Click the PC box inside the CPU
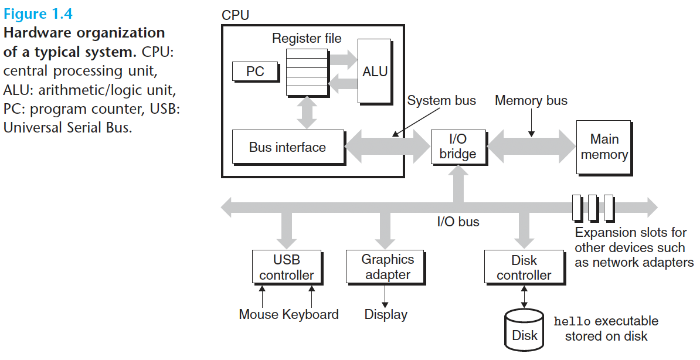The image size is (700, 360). click(256, 72)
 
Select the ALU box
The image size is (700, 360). click(375, 72)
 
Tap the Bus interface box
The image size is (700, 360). click(288, 147)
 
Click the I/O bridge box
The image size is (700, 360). click(458, 147)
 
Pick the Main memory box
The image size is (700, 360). click(604, 147)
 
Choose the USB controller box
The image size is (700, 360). click(287, 267)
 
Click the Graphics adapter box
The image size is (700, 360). click(386, 267)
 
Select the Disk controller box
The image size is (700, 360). click(525, 267)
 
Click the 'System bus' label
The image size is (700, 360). click(441, 100)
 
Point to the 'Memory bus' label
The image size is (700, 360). click(531, 100)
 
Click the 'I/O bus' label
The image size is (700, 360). click(458, 222)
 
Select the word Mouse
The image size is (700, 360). click(259, 314)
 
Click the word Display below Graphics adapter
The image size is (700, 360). click(386, 314)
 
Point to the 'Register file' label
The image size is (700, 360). click(307, 39)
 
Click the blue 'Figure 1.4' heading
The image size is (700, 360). click(38, 14)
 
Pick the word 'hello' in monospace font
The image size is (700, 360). click(572, 321)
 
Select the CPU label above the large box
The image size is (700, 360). click(235, 15)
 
